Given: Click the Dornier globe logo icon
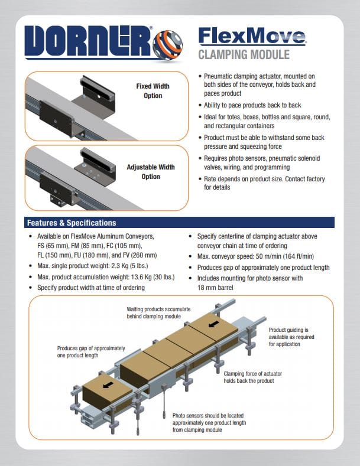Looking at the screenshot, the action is click(x=168, y=45).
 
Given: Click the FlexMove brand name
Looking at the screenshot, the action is click(x=252, y=36).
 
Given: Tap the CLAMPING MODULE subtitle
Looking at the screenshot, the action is click(x=244, y=55).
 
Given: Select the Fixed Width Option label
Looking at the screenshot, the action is click(x=153, y=91).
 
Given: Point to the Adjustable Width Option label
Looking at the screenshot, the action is click(x=151, y=172).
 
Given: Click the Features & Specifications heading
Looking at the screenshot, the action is click(x=72, y=223).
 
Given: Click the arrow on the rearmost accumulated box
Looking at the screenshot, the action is click(x=214, y=324).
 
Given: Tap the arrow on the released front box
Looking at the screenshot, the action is click(x=108, y=385).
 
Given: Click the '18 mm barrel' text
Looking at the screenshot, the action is click(x=215, y=288).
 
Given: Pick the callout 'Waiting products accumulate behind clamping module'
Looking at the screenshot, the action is click(x=158, y=313).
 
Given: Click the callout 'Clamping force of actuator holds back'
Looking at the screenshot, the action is click(x=252, y=377).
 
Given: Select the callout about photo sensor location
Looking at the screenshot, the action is click(x=209, y=423).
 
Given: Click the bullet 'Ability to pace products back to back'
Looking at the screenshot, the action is click(x=252, y=105).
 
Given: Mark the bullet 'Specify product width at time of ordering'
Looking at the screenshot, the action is click(x=91, y=288).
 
